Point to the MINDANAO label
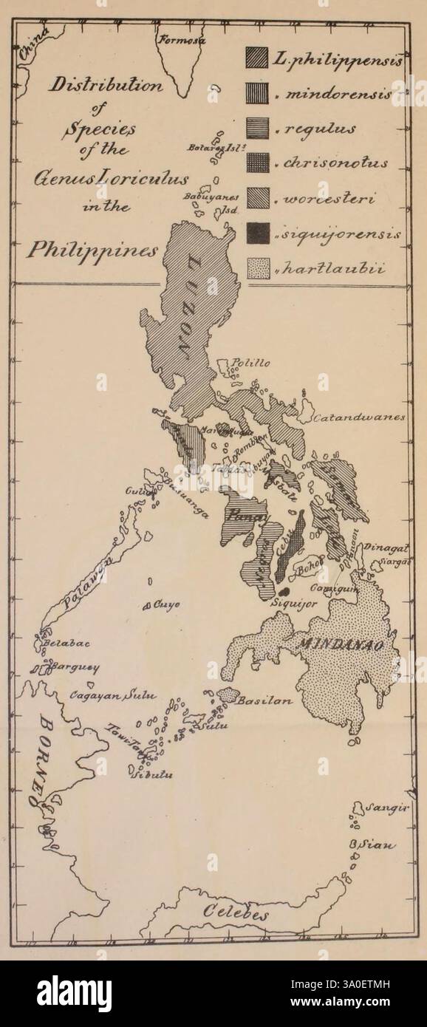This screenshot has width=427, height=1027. (x=333, y=644)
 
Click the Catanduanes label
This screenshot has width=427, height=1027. (x=359, y=417)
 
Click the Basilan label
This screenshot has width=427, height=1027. (x=264, y=699)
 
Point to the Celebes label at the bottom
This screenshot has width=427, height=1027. (x=236, y=913)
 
